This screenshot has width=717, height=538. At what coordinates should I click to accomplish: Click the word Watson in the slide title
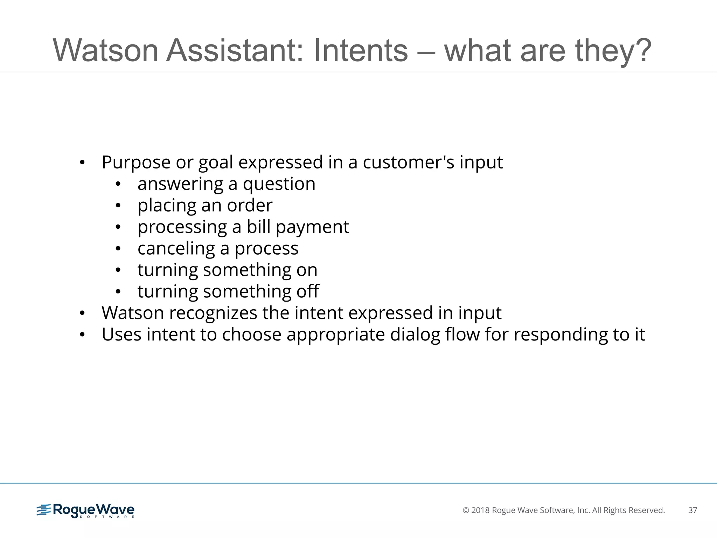click(105, 50)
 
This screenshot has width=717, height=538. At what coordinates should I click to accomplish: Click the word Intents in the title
click(361, 50)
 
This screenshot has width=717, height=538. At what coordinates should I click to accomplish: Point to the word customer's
click(408, 163)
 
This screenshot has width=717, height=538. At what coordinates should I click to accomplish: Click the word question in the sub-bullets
click(279, 184)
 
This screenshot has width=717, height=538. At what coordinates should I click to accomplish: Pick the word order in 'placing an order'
click(250, 206)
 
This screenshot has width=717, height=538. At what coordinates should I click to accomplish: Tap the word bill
click(258, 227)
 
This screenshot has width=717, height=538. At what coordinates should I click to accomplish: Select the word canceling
click(176, 249)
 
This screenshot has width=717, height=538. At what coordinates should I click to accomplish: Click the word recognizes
click(213, 313)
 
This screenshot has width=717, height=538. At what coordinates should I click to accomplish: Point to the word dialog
click(415, 335)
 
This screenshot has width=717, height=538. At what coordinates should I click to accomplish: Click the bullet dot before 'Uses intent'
click(82, 335)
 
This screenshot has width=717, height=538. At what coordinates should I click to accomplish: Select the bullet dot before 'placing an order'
click(118, 206)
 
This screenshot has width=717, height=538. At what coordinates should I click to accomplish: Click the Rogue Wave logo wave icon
click(44, 510)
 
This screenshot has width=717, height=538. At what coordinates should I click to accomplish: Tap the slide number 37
click(692, 510)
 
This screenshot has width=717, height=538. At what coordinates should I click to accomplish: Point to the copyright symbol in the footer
click(466, 510)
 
